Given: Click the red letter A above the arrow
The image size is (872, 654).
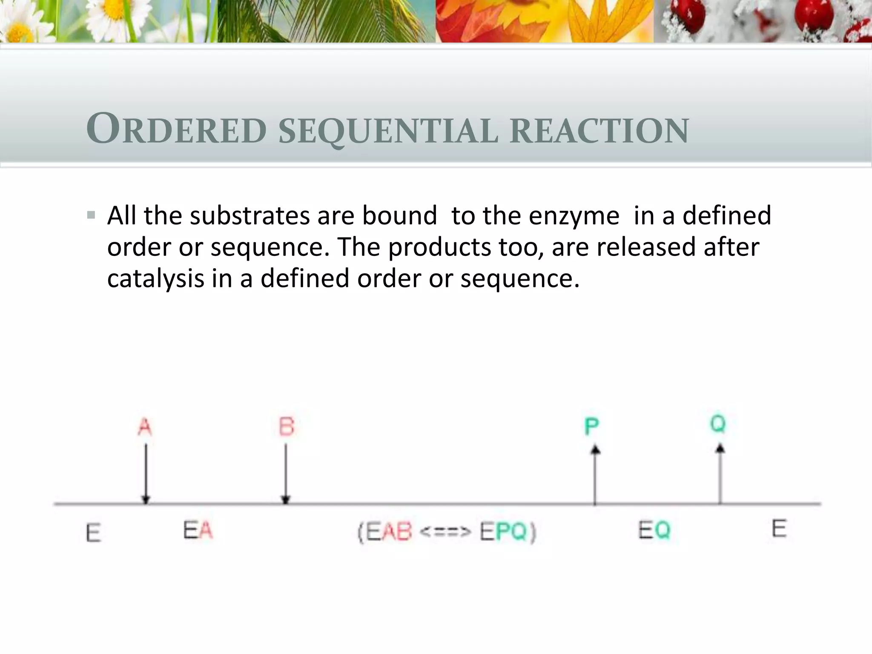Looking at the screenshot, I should pos(145,427).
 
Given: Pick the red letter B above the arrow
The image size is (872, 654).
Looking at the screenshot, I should pos(287,427).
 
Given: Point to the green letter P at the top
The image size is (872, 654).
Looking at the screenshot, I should pos(592,427).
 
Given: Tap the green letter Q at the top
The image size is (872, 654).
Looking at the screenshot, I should pos(718,424).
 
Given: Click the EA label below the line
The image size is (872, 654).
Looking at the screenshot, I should pos(198,531).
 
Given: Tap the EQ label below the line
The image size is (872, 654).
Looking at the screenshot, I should pos(654,531).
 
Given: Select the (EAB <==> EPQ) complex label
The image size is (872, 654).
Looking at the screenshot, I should pos(447,532).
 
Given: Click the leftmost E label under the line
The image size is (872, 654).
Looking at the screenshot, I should pos(93,533).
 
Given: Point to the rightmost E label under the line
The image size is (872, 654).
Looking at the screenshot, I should pos(779,529).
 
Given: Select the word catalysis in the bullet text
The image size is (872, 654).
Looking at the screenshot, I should pos(156,278).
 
